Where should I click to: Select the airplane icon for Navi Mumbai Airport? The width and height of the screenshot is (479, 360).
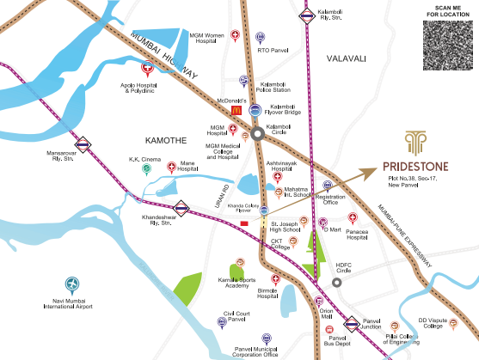point(72,284)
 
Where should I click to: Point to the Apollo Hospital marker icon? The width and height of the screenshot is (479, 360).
point(147,67)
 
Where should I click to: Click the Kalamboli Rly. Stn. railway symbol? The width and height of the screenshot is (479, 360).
point(306,14)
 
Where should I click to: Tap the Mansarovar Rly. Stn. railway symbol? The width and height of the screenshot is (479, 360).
point(83,144)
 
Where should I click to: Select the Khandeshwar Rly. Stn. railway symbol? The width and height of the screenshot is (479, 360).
point(181,206)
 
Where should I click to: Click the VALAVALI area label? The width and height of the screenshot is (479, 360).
point(347,58)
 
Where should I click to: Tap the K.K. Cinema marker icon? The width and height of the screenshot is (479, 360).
point(146,169)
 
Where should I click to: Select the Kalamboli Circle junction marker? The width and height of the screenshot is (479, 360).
point(257,134)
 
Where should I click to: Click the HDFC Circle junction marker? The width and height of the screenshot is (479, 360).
point(335,283)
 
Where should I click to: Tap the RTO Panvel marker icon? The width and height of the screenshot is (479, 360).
point(261,38)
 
